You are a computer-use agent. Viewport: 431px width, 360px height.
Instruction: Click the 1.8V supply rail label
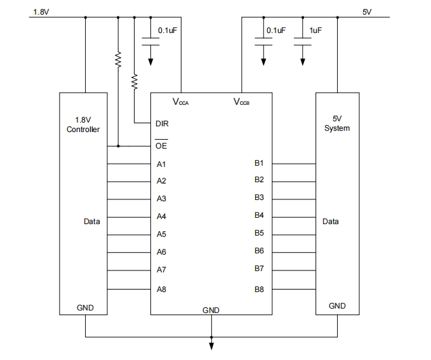coord(41,12)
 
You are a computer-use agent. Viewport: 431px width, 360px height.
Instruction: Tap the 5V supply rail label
coord(368,12)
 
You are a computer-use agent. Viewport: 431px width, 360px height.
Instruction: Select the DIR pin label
coord(162,124)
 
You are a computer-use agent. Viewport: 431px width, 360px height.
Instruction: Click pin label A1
coord(161,164)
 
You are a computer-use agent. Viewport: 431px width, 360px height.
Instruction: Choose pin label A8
coord(161,290)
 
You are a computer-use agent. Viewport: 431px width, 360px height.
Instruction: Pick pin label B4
coord(259,215)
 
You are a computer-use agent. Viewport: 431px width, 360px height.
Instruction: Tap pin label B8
coord(259,290)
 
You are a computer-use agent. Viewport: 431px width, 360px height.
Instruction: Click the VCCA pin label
coord(181,102)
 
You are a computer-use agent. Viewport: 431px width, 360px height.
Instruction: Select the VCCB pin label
coord(241,102)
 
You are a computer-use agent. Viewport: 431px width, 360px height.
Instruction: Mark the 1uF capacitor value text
coord(315,30)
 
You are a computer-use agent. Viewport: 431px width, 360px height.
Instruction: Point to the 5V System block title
coord(337,123)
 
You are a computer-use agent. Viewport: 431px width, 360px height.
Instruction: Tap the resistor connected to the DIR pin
coord(135,81)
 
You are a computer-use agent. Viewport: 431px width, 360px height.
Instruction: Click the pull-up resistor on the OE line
coord(118,60)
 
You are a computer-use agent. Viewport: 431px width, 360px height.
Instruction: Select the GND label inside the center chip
coord(211,310)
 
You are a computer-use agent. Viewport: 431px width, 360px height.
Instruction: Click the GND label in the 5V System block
coord(337,306)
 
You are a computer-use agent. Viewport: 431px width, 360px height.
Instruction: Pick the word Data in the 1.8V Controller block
coord(91,222)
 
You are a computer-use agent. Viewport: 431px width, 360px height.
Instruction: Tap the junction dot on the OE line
coord(118,146)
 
